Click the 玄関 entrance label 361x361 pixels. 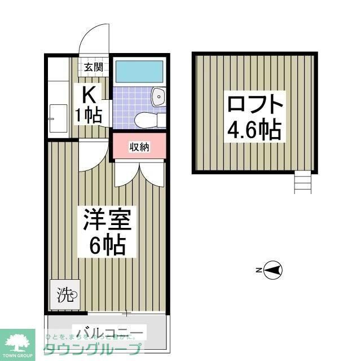(x=93, y=68)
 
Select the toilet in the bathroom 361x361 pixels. (x=148, y=120)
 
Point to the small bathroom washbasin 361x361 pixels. (x=159, y=97)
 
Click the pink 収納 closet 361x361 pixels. (x=139, y=147)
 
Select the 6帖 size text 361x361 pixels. (x=107, y=245)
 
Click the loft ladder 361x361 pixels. (x=302, y=182)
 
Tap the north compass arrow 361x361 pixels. (x=272, y=271)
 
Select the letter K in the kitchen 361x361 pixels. (x=89, y=94)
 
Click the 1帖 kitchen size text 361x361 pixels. (x=89, y=116)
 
